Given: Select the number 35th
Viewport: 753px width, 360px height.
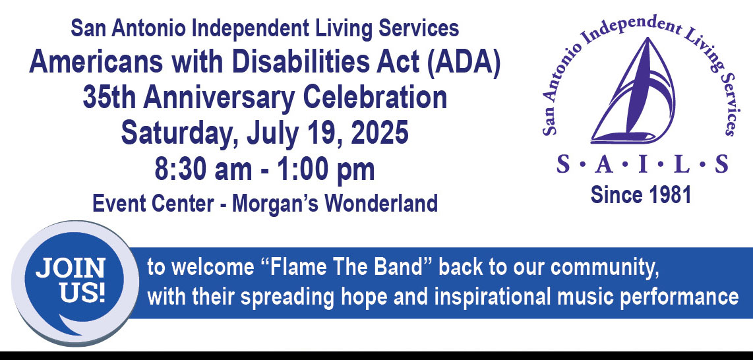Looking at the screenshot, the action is [x=109, y=98].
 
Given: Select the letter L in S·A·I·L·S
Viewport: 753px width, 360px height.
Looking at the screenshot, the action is [x=682, y=164].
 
